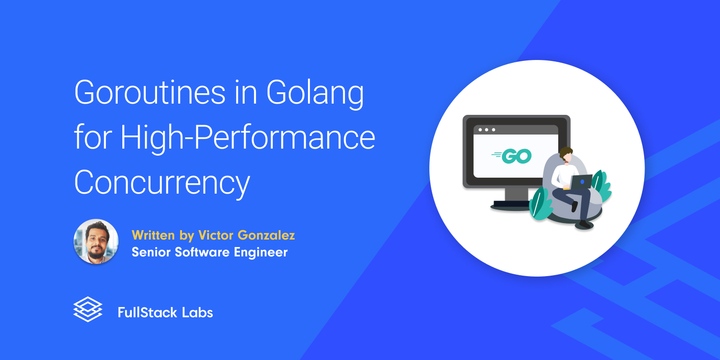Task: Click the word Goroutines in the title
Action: click(150, 92)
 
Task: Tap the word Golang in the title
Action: click(315, 94)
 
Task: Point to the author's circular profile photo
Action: click(96, 241)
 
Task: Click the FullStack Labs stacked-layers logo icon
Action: click(88, 309)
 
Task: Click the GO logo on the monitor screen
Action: click(511, 156)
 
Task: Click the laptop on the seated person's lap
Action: click(581, 182)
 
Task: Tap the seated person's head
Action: click(566, 155)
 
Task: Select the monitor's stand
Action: click(511, 199)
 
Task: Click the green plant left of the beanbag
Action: click(540, 204)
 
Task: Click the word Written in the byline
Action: click(153, 235)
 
